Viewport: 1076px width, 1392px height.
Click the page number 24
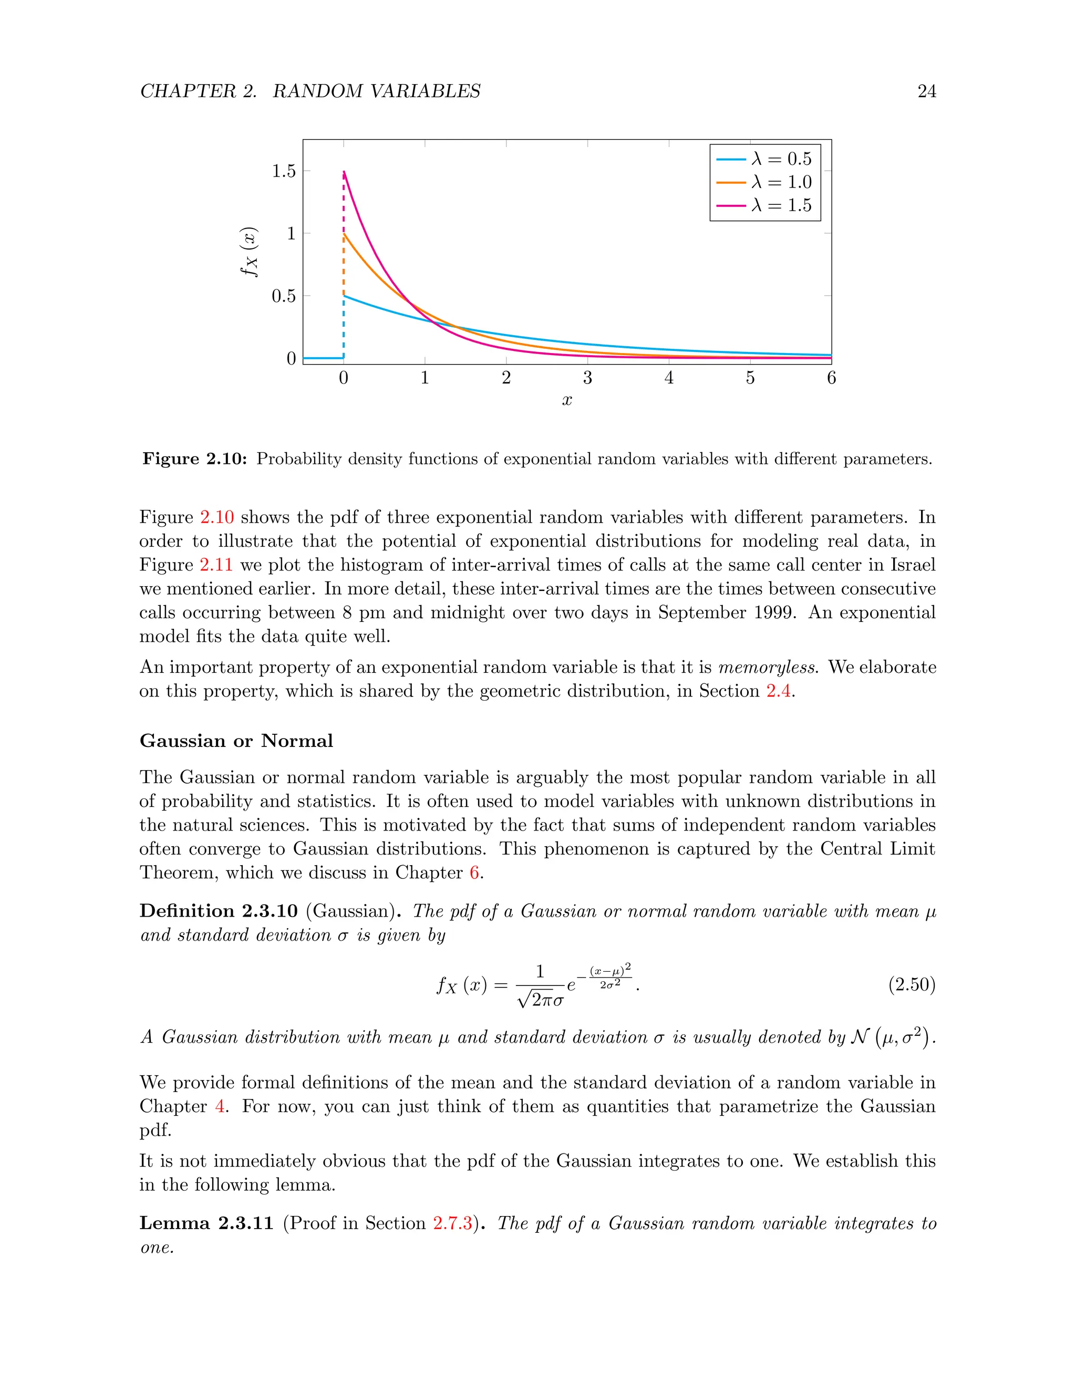[x=926, y=91]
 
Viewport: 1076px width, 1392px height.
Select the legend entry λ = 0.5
[x=765, y=159]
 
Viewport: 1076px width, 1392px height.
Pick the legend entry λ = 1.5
[x=765, y=205]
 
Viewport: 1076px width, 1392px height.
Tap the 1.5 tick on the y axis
[x=284, y=171]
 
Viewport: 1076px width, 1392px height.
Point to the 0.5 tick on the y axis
[x=284, y=296]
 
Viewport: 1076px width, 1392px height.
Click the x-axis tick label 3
[x=587, y=378]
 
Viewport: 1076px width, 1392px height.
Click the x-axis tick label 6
[x=831, y=378]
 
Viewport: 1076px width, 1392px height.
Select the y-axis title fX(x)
[x=249, y=252]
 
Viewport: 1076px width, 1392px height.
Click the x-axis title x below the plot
[x=567, y=400]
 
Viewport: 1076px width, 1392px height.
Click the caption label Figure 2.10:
[x=194, y=459]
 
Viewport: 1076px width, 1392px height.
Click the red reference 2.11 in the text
[x=216, y=565]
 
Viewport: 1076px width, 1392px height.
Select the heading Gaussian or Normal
[x=236, y=741]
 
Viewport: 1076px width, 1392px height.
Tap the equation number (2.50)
[x=912, y=985]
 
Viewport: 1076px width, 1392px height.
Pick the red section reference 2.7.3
[x=452, y=1223]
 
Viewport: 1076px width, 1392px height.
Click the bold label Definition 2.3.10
[x=219, y=911]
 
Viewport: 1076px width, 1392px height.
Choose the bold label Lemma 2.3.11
[x=206, y=1223]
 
